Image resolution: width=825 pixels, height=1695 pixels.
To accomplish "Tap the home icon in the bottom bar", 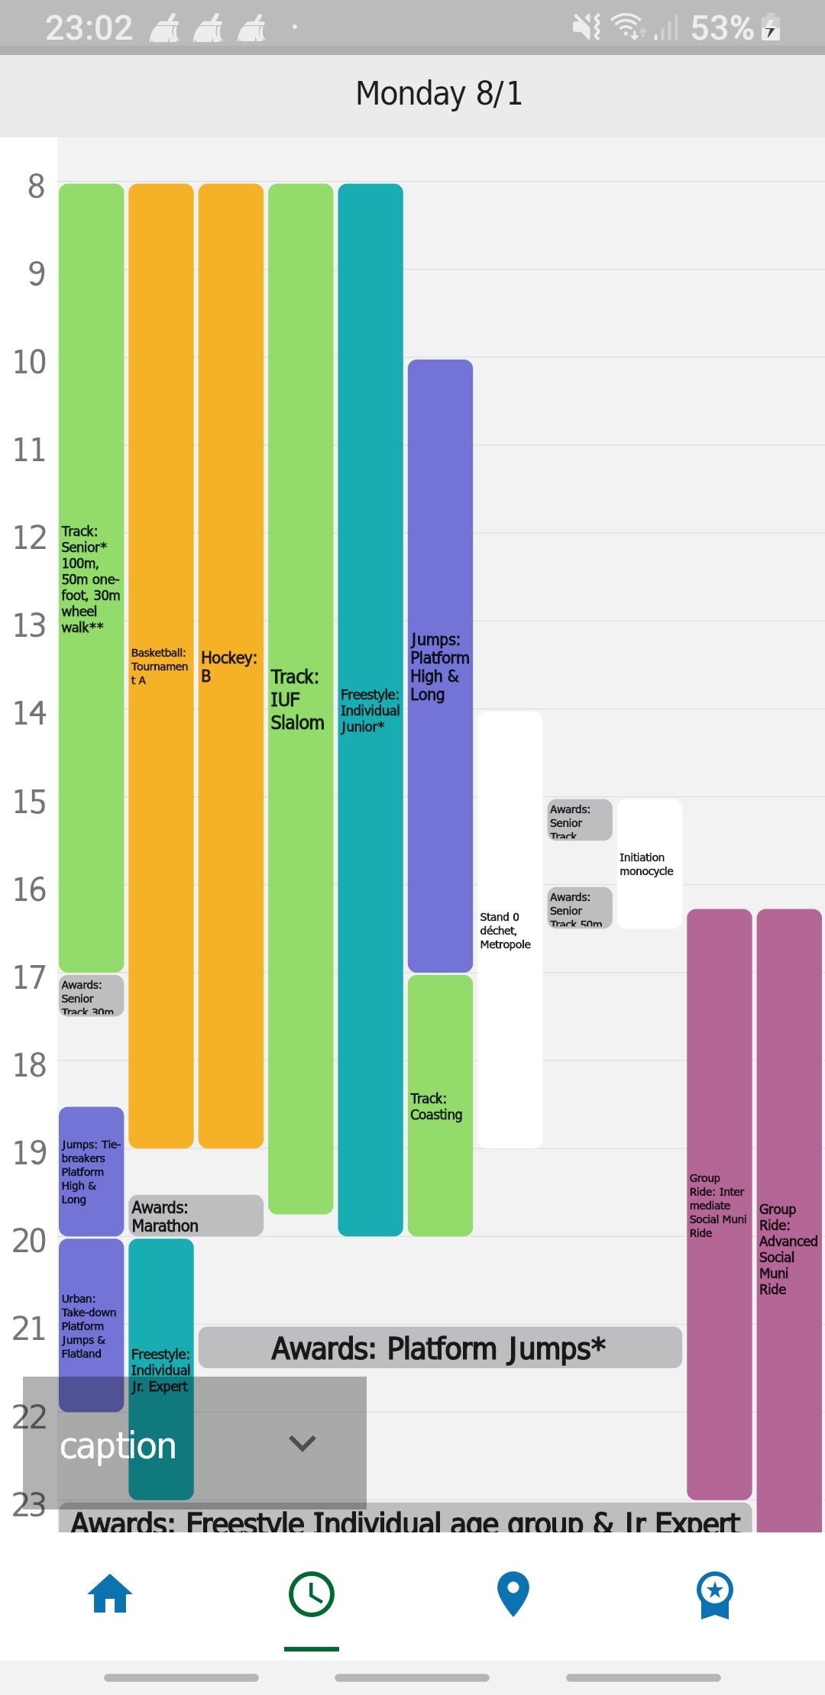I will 110,1594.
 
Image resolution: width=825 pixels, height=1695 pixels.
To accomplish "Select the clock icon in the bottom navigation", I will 312,1594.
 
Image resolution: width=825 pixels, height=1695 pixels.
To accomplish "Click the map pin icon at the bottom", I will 513,1594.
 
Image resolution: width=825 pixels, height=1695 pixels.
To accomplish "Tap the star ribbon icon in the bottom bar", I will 715,1594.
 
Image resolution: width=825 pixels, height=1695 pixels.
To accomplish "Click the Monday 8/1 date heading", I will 438,94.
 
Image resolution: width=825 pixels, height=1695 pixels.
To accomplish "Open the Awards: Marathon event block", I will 196,1216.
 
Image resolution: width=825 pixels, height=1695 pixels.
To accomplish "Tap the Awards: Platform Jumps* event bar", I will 439,1348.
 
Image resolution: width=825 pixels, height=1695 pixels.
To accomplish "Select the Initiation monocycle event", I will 649,864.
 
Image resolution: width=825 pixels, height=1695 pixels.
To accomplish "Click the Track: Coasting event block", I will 439,1106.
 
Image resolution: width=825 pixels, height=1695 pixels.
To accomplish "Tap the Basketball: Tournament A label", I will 160,667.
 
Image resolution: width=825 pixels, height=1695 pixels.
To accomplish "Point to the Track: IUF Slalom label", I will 297,699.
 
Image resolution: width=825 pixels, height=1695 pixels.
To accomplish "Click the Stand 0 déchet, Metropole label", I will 506,930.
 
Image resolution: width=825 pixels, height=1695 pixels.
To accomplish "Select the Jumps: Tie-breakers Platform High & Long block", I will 91,1171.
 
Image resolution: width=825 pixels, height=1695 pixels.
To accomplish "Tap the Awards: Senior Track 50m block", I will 579,908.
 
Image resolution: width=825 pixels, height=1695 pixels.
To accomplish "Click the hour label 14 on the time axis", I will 30,714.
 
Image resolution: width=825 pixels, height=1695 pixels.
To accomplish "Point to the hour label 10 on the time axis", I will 30,362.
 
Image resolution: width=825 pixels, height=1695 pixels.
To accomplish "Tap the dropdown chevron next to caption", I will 302,1443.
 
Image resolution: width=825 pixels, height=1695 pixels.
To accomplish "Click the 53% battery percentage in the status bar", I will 722,28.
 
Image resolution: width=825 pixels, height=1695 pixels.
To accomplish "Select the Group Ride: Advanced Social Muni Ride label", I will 788,1249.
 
